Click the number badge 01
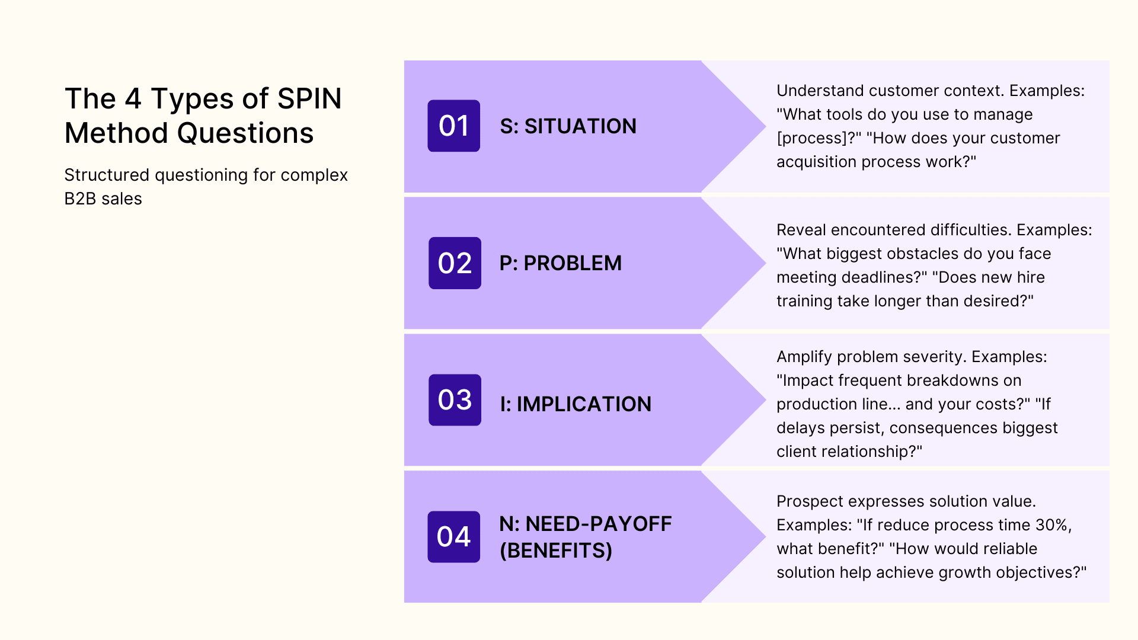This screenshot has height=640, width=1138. tap(453, 126)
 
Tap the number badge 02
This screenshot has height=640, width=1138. tap(455, 263)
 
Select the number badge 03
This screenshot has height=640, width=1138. tap(455, 400)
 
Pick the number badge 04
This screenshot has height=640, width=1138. tap(453, 537)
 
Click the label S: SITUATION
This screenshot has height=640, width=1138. tap(568, 126)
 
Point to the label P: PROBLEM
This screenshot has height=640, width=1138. tap(560, 263)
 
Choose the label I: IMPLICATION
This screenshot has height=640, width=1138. tap(575, 404)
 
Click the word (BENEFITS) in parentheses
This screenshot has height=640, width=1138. tap(555, 551)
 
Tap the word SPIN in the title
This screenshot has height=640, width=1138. tap(309, 98)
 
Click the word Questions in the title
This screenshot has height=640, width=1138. tap(245, 133)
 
